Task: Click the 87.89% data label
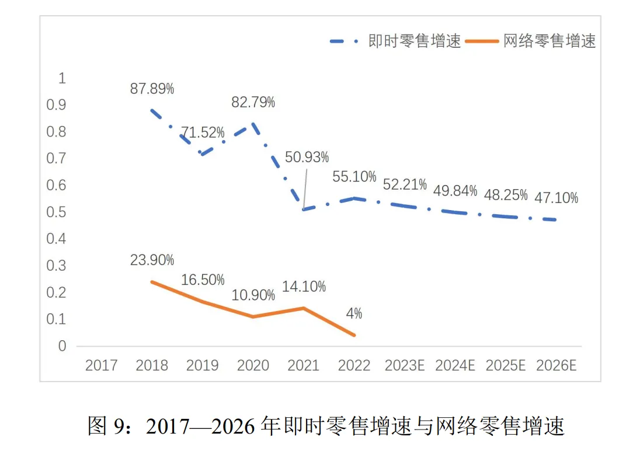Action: click(152, 89)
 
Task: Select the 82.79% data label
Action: click(253, 102)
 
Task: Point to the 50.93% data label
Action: click(307, 157)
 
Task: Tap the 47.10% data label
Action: click(556, 198)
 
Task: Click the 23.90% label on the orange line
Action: click(152, 260)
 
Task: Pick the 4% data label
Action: click(354, 313)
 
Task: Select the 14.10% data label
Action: click(304, 287)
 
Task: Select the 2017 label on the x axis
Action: click(102, 366)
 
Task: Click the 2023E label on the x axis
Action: click(404, 366)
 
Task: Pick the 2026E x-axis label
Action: click(556, 366)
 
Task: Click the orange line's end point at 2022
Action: click(354, 335)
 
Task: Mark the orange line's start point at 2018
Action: click(152, 282)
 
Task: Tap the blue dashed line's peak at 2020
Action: click(253, 123)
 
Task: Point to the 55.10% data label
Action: click(354, 176)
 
